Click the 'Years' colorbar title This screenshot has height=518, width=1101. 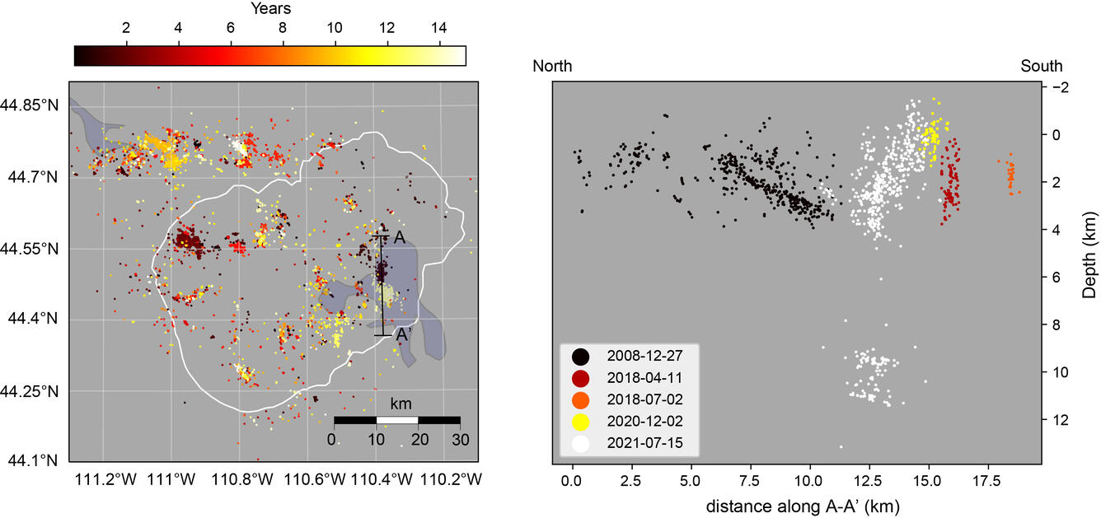click(x=270, y=10)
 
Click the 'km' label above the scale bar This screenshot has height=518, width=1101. click(x=401, y=404)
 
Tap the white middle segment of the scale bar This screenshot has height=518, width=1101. click(x=397, y=420)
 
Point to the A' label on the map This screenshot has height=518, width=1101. click(x=403, y=335)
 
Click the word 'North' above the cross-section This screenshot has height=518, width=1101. click(x=552, y=66)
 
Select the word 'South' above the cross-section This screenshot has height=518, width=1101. click(x=1042, y=66)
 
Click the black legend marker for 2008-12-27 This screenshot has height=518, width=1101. click(x=581, y=357)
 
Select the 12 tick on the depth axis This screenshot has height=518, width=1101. click(x=1061, y=420)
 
